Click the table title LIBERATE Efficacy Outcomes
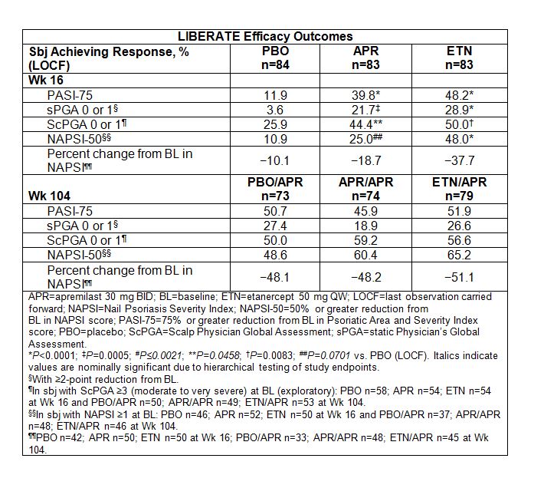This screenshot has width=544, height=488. (x=265, y=36)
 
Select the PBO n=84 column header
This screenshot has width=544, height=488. (x=275, y=58)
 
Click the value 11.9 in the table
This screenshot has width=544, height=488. (x=275, y=96)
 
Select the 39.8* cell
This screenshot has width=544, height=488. (x=366, y=96)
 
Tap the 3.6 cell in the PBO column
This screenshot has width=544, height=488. (x=275, y=110)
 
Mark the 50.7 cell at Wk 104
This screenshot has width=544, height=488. (x=275, y=210)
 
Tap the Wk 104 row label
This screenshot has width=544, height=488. (x=47, y=196)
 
